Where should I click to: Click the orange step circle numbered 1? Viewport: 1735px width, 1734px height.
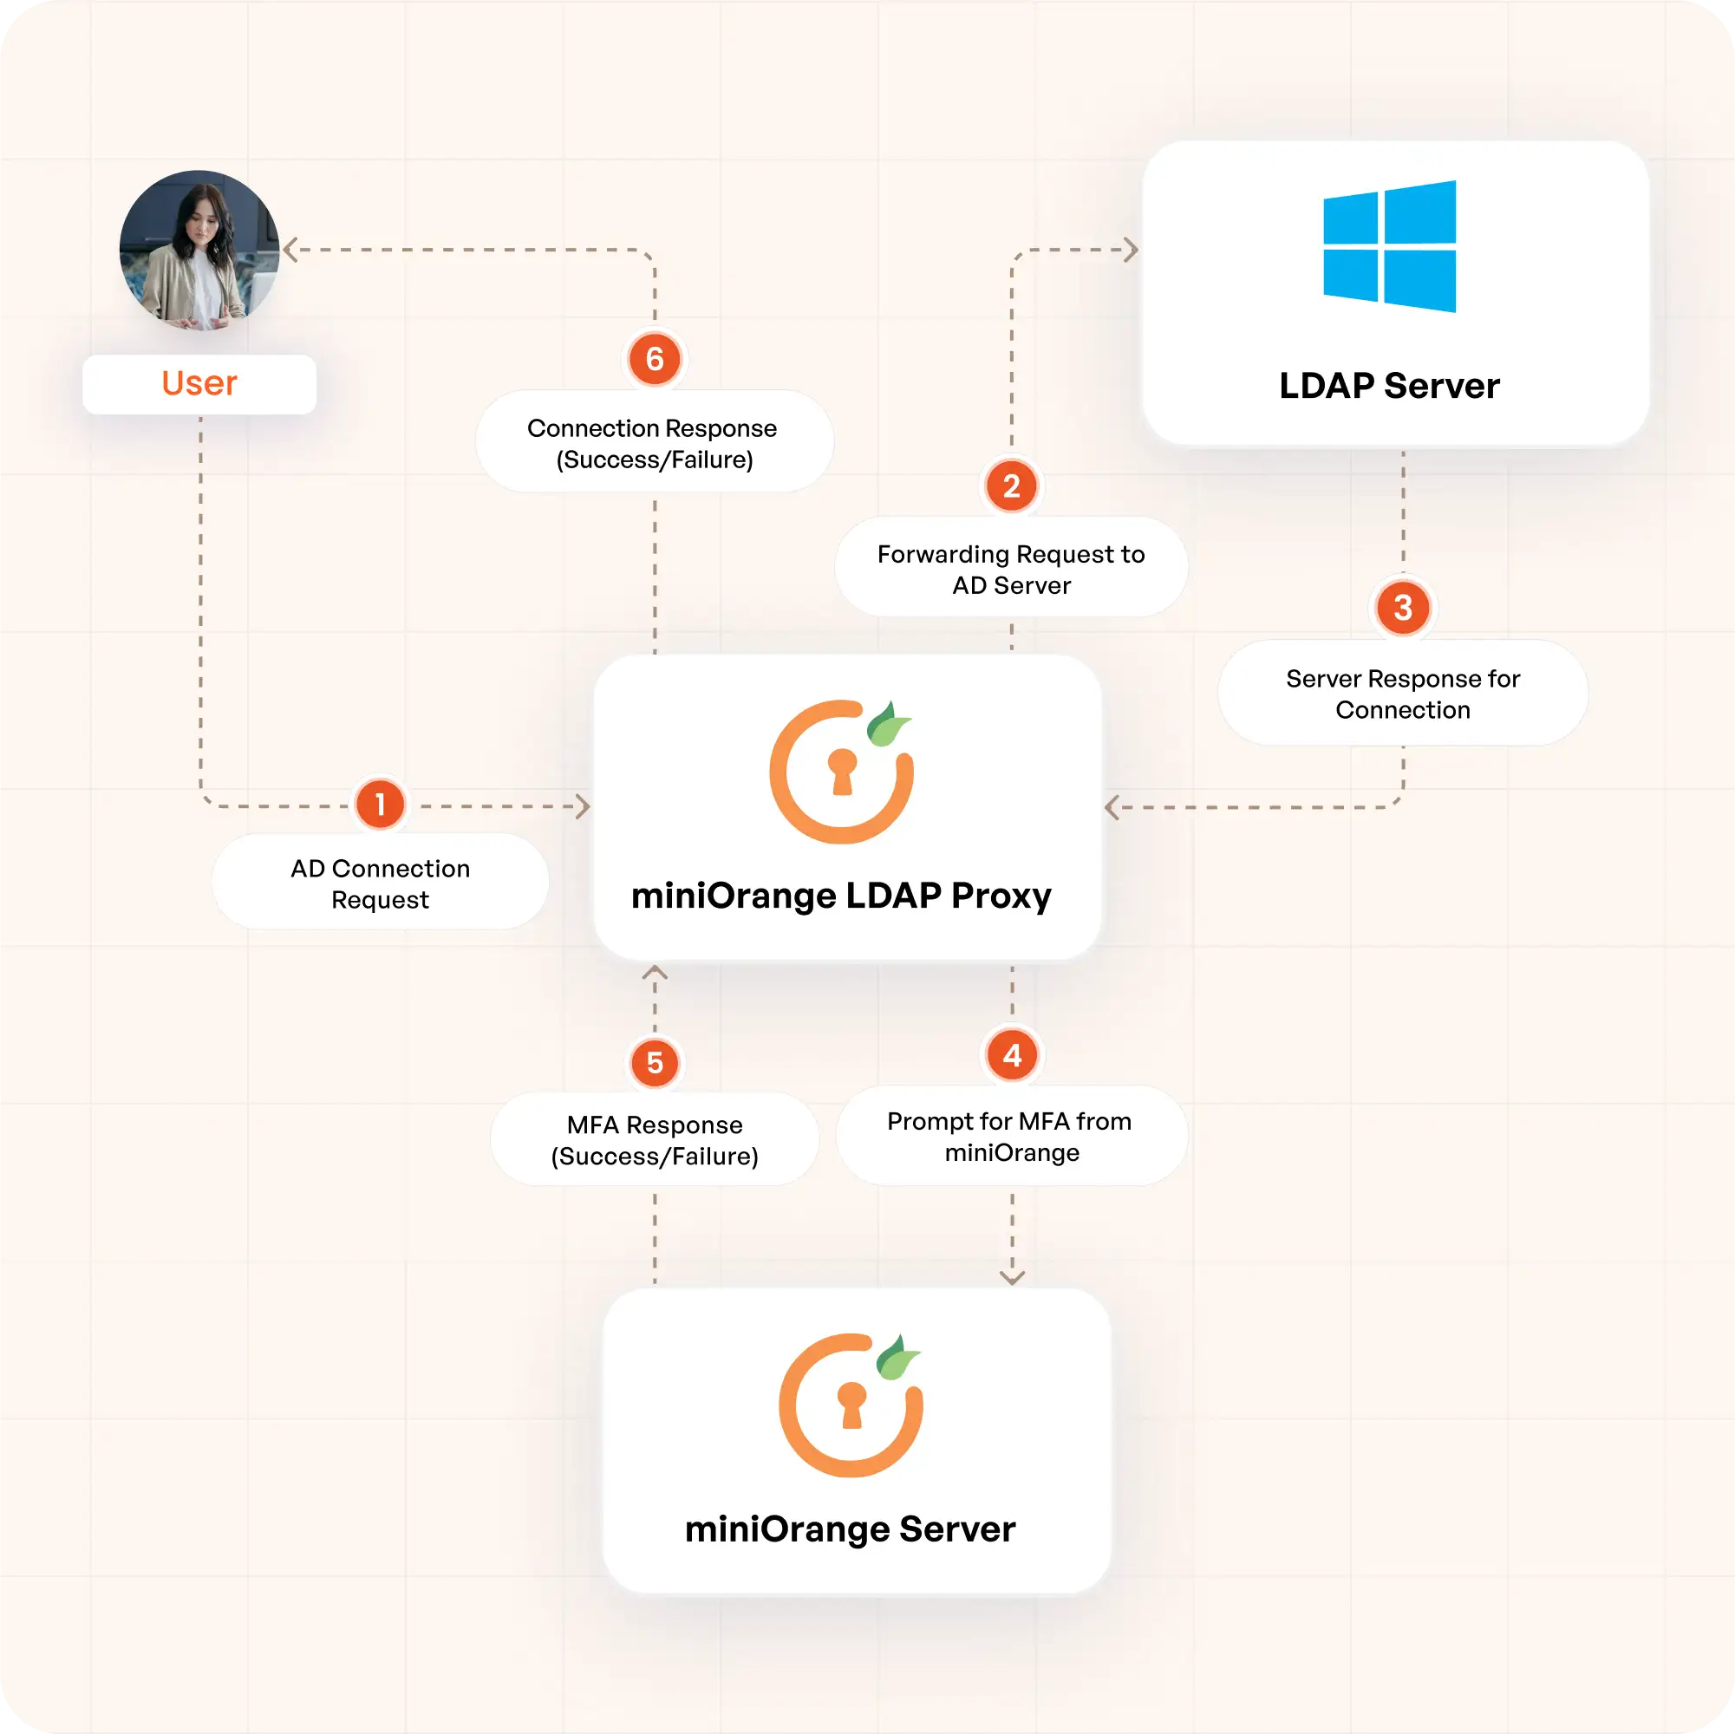(380, 804)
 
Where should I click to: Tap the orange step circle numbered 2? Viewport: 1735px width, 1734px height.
(1011, 486)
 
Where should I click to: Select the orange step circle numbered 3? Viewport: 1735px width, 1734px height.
(1403, 608)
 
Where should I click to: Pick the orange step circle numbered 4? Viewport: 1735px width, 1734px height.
(1012, 1055)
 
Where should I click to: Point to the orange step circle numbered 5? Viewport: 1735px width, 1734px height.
(655, 1063)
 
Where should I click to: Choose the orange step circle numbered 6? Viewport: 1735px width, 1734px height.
(655, 359)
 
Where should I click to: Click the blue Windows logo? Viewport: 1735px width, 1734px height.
(1389, 247)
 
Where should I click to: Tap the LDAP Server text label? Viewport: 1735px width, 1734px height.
(1389, 386)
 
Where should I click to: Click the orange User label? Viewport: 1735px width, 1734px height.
(199, 383)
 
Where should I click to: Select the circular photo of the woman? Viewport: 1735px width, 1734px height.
(199, 250)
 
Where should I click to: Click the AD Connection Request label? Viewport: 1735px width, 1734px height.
(380, 883)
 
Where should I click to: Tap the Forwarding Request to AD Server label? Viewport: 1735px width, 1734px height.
(1011, 570)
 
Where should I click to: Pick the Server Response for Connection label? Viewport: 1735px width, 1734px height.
(1403, 694)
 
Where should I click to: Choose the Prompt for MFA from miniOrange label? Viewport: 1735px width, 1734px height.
(1011, 1137)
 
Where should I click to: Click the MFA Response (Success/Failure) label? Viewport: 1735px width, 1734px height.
(655, 1140)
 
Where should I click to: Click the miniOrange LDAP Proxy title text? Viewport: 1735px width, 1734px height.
(840, 896)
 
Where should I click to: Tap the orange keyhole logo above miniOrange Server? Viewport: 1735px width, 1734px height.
(850, 1405)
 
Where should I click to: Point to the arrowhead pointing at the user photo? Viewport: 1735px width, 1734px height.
(290, 250)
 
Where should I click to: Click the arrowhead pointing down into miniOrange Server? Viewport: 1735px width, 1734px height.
(1012, 1277)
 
